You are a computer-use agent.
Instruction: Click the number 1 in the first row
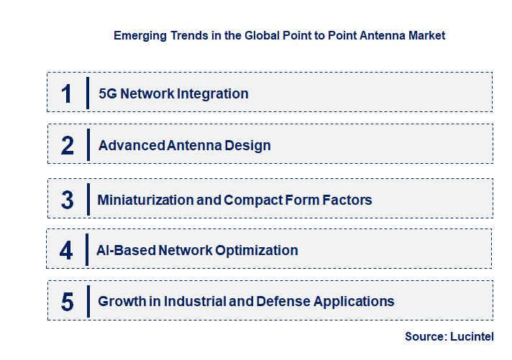(67, 93)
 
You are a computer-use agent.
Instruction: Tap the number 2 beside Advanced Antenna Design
(68, 146)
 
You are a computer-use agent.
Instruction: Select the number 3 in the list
(68, 200)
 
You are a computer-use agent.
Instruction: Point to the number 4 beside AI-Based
(67, 250)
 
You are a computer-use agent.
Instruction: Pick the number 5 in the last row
(68, 302)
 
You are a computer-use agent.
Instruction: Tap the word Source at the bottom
(424, 336)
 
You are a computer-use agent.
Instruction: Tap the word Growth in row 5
(121, 301)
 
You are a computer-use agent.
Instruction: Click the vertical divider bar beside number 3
(87, 198)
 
